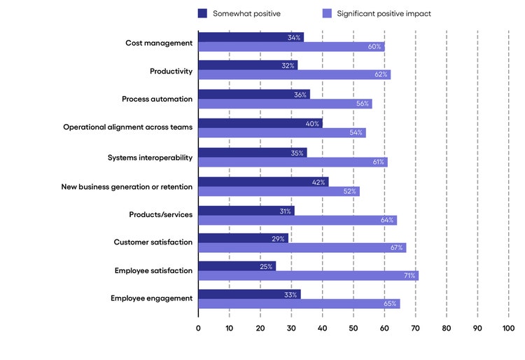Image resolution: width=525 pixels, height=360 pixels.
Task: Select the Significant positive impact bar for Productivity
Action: [294, 74]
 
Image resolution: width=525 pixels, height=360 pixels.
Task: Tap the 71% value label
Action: [409, 275]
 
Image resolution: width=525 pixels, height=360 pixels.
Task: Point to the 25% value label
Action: [266, 266]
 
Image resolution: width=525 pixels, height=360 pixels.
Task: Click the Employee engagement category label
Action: [151, 298]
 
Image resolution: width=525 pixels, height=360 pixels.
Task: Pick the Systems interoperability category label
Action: [150, 158]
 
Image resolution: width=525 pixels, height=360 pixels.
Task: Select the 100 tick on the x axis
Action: [508, 327]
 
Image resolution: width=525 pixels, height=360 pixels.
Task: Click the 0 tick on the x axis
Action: [198, 327]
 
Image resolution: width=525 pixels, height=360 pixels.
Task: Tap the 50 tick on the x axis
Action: [353, 327]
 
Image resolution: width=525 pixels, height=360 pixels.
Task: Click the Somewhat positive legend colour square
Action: [203, 13]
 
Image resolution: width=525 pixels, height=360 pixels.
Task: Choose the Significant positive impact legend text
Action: [384, 13]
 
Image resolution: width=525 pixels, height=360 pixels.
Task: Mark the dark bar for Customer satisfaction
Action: [243, 238]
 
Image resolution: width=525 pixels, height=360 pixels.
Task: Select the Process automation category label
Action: [157, 99]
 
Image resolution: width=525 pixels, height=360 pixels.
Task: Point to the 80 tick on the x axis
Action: [447, 327]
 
